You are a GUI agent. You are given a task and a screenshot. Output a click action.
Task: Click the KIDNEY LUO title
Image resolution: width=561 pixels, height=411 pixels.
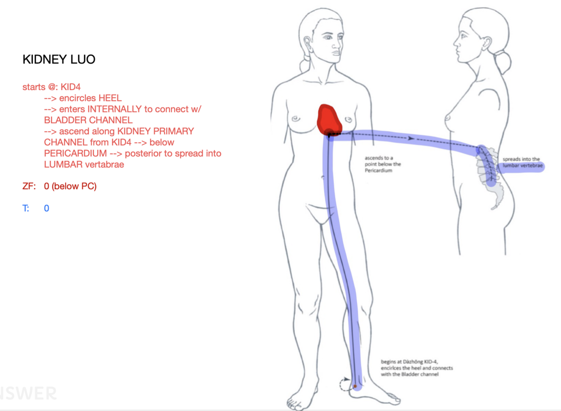click(x=59, y=59)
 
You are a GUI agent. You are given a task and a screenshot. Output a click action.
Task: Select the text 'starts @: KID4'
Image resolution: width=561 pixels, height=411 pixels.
click(x=51, y=87)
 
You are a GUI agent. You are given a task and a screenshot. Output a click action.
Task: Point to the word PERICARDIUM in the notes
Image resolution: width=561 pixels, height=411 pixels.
click(x=75, y=154)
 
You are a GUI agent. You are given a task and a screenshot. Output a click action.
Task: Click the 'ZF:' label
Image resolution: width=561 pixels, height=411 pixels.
click(x=29, y=186)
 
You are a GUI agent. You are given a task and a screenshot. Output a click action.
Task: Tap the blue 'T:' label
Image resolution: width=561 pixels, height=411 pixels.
click(x=26, y=208)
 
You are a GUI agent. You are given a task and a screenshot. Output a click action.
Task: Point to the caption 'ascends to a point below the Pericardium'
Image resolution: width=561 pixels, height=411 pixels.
click(x=382, y=164)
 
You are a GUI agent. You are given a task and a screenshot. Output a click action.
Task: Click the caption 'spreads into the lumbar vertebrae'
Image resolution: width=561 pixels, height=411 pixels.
click(x=522, y=162)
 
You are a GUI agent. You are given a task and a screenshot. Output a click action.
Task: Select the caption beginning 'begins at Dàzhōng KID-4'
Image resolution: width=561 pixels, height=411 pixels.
click(x=416, y=368)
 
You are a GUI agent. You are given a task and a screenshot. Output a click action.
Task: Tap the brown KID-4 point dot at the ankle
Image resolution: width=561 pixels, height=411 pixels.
click(x=355, y=386)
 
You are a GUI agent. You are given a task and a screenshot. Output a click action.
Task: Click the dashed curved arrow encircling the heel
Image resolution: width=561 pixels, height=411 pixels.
click(x=343, y=384)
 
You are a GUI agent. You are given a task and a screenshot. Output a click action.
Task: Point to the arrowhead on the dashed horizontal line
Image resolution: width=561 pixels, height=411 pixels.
click(x=411, y=138)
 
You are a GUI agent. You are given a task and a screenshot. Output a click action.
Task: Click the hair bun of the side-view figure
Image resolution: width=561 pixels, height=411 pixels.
click(x=503, y=61)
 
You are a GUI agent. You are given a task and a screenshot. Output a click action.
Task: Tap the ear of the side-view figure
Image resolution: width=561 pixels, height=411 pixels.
click(x=486, y=42)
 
